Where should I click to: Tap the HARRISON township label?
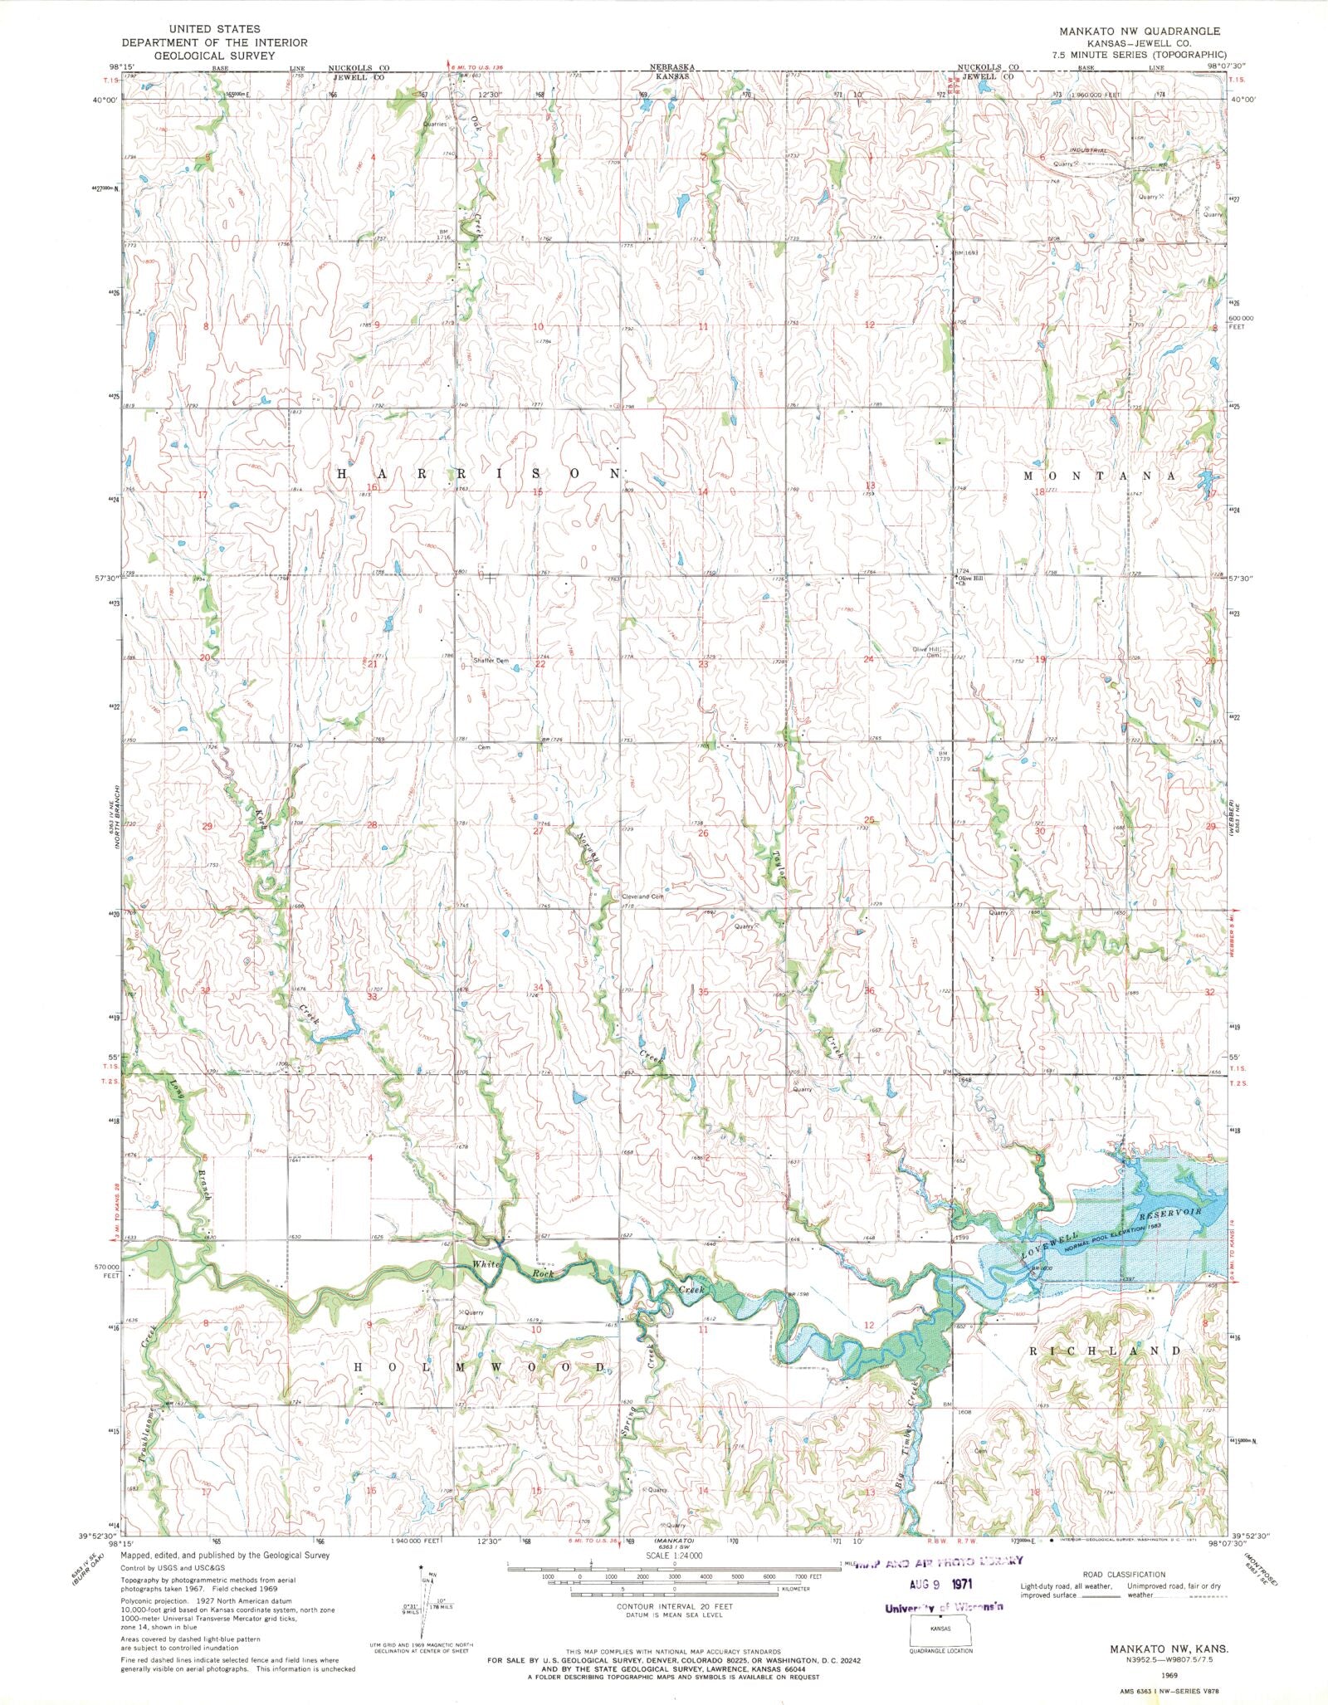[x=479, y=473]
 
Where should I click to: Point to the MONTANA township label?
[x=1100, y=476]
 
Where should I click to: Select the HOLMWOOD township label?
[x=481, y=1366]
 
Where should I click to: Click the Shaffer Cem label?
[x=490, y=660]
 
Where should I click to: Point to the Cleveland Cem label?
[x=642, y=896]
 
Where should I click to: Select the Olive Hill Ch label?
[x=971, y=580]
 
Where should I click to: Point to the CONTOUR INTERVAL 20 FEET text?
[x=664, y=1606]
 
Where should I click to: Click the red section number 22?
[x=540, y=664]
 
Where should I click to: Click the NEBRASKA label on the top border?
[x=671, y=66]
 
